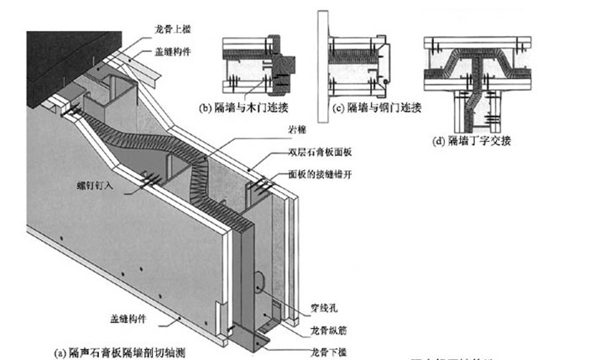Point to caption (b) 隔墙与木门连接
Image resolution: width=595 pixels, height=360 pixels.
(243, 108)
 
